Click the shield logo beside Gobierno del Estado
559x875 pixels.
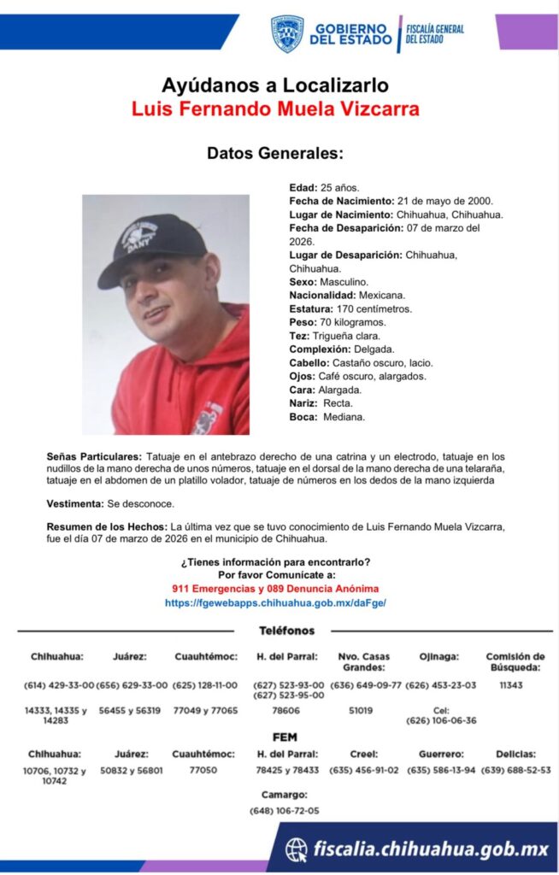(287, 33)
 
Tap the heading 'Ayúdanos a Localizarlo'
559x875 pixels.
(274, 85)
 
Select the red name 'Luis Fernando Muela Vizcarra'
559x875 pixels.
(275, 109)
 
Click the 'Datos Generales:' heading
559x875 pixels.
(274, 154)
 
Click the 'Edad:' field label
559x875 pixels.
(303, 186)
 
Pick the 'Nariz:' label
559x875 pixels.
(304, 403)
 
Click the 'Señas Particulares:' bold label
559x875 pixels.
(95, 456)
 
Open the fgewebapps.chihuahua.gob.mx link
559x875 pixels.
(275, 602)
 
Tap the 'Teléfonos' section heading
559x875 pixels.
(286, 631)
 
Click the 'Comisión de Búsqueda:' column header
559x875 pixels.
(515, 661)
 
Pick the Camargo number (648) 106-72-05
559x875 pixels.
(284, 810)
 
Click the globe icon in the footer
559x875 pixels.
(297, 849)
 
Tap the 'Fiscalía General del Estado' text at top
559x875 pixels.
(434, 33)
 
